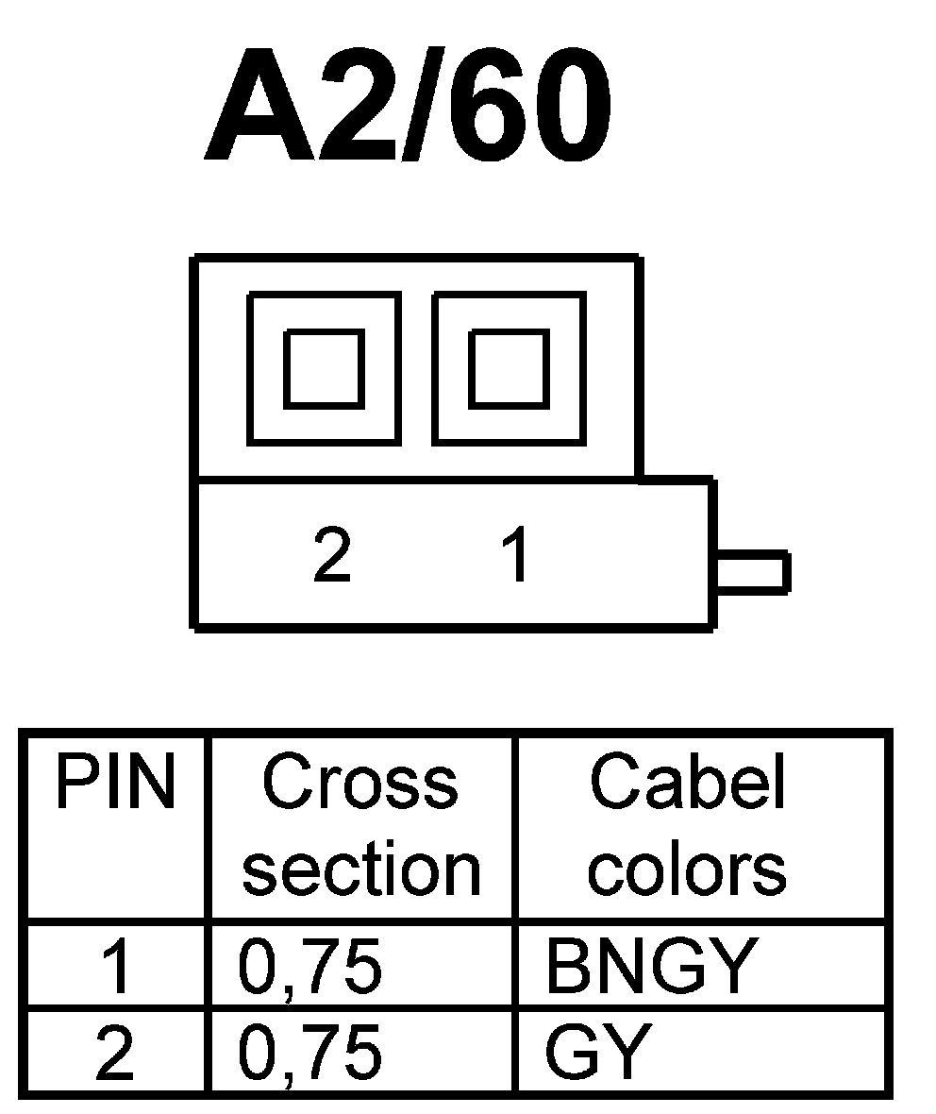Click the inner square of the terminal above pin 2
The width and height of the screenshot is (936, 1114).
[x=324, y=368]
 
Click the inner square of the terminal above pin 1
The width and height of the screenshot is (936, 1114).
[x=509, y=368]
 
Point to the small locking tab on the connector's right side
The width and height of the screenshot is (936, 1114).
[x=753, y=573]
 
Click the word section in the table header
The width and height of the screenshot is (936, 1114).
[x=362, y=869]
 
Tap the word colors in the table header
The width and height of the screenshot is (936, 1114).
[x=688, y=869]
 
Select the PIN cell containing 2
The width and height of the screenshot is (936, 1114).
[x=115, y=1054]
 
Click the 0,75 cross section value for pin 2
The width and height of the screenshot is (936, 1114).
[x=310, y=1054]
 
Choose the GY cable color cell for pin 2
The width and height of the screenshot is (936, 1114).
[x=598, y=1054]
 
